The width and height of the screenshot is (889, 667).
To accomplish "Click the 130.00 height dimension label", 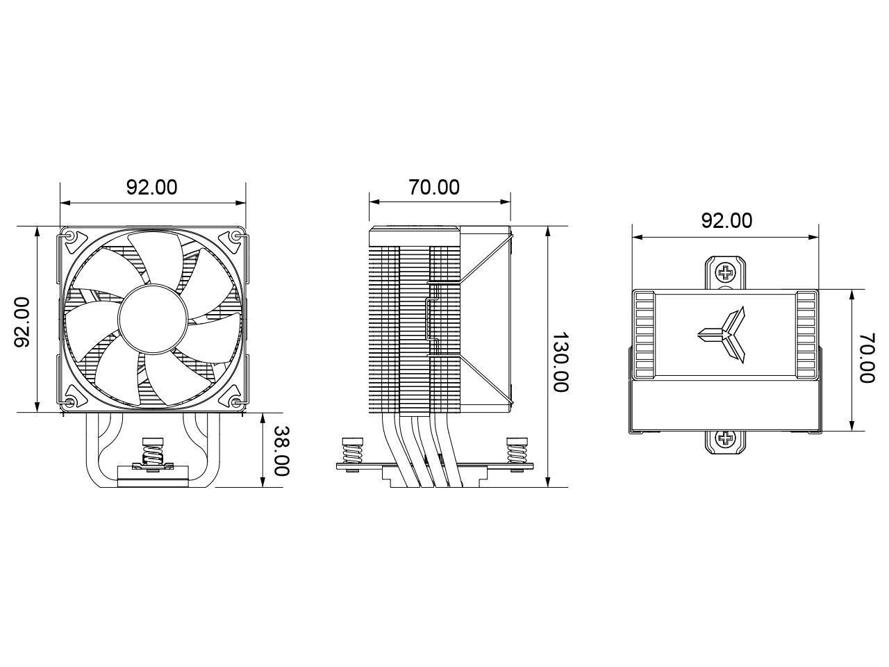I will click(560, 361).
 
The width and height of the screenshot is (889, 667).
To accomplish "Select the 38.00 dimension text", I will click(281, 450).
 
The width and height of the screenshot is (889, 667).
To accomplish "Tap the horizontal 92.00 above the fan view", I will click(151, 187).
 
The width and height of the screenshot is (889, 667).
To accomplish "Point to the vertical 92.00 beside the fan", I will click(23, 321).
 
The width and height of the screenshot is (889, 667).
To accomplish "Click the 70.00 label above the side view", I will click(434, 187).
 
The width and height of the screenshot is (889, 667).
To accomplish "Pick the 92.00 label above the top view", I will click(726, 220).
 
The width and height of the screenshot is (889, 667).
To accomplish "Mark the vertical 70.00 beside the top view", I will click(866, 358).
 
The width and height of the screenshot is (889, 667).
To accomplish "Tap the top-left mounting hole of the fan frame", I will click(70, 236).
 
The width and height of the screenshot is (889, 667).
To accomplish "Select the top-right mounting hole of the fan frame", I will click(237, 236).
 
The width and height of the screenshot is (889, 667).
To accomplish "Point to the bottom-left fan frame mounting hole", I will click(70, 402).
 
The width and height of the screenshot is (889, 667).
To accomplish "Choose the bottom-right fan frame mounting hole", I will click(237, 402).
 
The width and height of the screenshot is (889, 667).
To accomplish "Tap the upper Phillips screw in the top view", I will click(726, 270).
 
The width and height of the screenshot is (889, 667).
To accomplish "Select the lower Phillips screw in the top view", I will click(726, 438).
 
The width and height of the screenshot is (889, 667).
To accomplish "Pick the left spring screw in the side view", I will click(352, 452).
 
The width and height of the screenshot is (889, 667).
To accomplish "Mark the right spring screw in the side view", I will click(517, 452).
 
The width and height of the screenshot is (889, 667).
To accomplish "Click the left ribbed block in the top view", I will click(645, 334).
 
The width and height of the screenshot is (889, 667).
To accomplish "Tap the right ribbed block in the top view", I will click(806, 334).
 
